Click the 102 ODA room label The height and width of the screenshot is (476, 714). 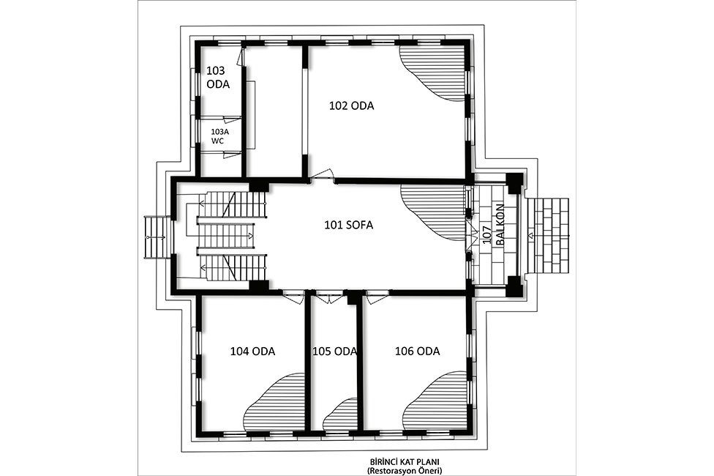(352, 105)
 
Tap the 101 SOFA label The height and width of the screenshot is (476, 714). (348, 225)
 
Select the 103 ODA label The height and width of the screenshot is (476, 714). (218, 78)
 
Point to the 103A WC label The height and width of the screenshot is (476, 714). (219, 136)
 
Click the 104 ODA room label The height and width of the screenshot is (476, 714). (252, 352)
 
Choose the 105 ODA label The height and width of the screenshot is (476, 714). (334, 352)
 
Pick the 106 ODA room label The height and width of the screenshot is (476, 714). (418, 352)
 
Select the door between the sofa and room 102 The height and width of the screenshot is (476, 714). (323, 176)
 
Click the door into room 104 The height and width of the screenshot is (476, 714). (293, 297)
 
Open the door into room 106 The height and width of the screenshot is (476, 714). (377, 297)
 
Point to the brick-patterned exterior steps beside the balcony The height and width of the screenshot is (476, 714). (551, 235)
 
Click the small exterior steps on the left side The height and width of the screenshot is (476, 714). (156, 237)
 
